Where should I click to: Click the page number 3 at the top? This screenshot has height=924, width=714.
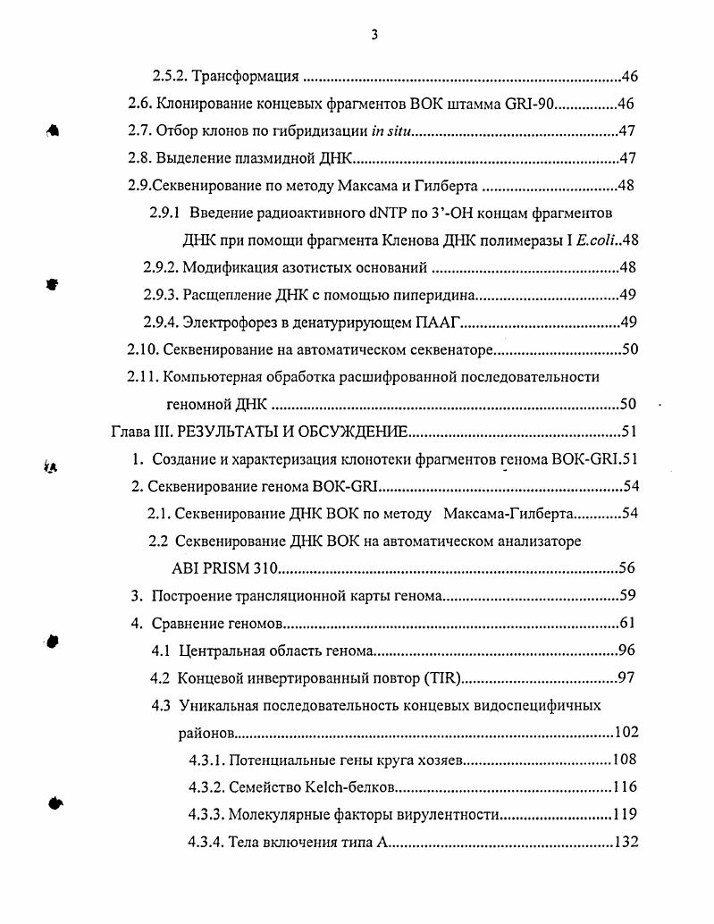[x=374, y=35]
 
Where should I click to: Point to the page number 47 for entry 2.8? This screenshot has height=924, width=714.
[x=627, y=159]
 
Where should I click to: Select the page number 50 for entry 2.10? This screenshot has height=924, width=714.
[x=627, y=349]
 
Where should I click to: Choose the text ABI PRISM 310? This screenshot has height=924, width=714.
[x=225, y=568]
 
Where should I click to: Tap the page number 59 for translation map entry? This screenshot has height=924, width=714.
[x=627, y=596]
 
